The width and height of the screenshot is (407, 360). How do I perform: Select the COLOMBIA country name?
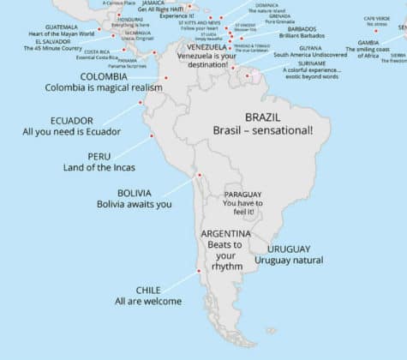click(x=105, y=76)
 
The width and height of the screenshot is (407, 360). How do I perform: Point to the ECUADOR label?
click(x=72, y=120)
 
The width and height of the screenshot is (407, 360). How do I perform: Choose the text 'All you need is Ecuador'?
click(x=72, y=132)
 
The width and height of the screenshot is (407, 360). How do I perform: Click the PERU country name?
click(x=99, y=156)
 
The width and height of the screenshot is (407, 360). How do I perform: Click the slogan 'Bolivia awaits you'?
click(x=134, y=205)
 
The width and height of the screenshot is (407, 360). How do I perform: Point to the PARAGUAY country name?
click(x=244, y=195)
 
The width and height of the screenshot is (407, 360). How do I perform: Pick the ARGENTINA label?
click(x=226, y=234)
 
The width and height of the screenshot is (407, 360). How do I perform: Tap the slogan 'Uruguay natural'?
click(x=289, y=260)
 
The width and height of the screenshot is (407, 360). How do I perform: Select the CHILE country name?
click(x=148, y=290)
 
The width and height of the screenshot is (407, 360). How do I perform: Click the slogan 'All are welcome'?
click(x=148, y=302)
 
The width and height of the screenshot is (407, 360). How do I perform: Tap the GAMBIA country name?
click(x=369, y=41)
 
